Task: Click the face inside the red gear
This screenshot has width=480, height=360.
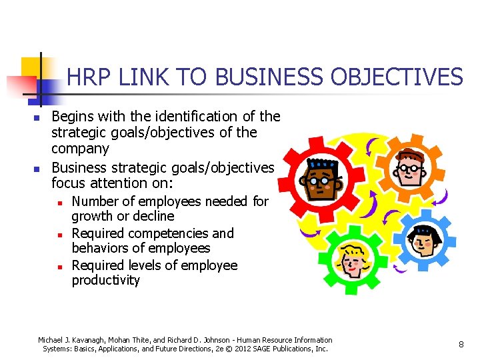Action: pos(321,179)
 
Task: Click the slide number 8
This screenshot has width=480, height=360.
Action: pos(461,344)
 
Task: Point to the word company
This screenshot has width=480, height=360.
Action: pos(80,148)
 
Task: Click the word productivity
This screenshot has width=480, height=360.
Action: pos(106,280)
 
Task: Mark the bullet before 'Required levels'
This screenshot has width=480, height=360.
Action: pos(59,267)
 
